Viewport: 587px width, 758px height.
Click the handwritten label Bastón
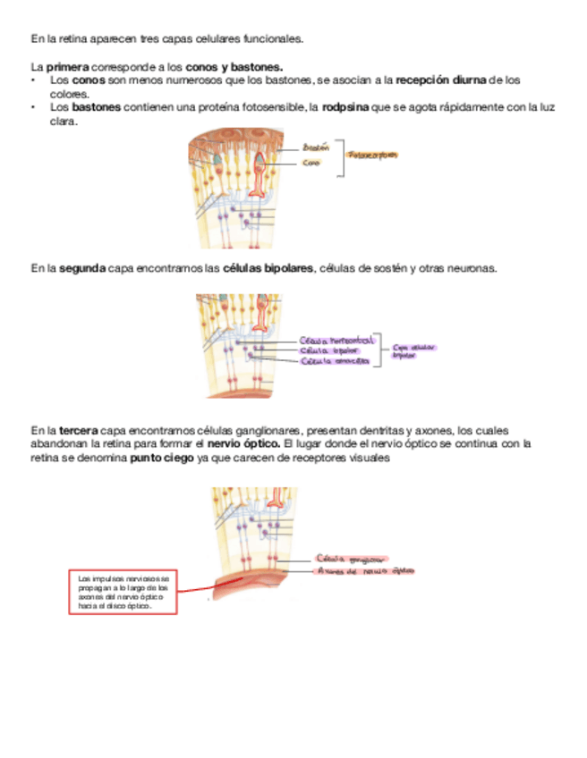point(317,147)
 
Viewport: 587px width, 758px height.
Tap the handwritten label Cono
point(311,163)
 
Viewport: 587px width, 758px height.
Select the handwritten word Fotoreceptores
point(373,155)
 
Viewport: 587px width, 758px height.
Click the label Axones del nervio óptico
point(365,571)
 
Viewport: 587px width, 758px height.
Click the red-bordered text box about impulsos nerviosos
point(124,592)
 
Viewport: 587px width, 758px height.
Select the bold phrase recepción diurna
point(444,80)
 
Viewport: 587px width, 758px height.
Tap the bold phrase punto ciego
point(161,458)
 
